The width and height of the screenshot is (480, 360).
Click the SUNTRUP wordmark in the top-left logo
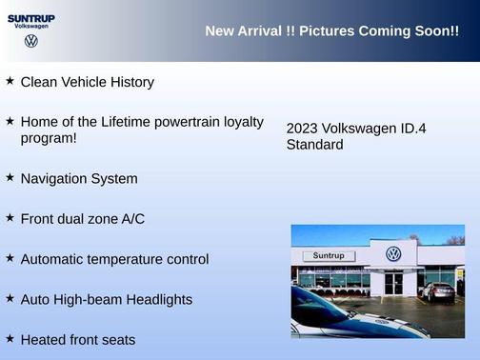click(31, 17)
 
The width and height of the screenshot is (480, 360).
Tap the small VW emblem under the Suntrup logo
click(31, 41)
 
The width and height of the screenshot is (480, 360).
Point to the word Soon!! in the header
click(437, 31)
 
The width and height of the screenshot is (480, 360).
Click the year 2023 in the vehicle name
click(302, 129)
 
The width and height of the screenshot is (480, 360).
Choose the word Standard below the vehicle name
click(314, 145)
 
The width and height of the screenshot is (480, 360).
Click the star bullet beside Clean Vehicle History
click(10, 81)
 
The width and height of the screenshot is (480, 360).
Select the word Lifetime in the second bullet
click(127, 122)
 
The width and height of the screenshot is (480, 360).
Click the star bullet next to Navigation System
click(10, 177)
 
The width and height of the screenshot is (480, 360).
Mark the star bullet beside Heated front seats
click(10, 338)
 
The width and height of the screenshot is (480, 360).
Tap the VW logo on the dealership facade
click(393, 254)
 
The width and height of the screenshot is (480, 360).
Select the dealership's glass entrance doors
click(393, 283)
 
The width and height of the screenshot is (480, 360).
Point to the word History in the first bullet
click(130, 82)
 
